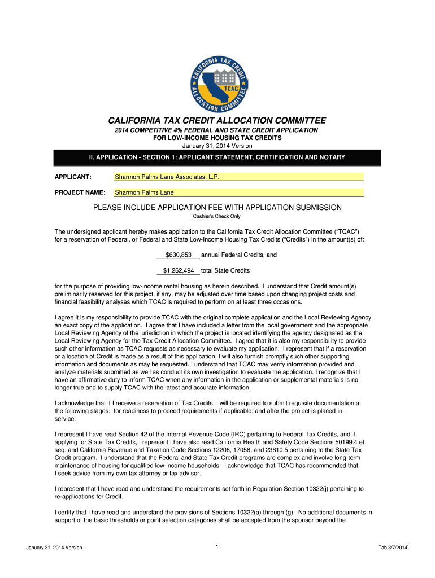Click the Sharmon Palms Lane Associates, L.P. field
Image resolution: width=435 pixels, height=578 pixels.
pyautogui.click(x=238, y=177)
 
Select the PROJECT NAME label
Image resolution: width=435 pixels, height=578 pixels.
pyautogui.click(x=80, y=192)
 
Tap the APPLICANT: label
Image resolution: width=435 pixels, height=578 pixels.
pyautogui.click(x=73, y=177)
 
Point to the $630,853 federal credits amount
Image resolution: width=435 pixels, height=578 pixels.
pyautogui.click(x=179, y=255)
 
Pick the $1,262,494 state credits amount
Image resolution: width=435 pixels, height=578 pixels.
pyautogui.click(x=179, y=270)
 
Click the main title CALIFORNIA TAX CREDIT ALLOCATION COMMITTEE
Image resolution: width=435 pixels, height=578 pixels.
pyautogui.click(x=217, y=121)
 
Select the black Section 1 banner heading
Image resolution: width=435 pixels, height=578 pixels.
pyautogui.click(x=217, y=157)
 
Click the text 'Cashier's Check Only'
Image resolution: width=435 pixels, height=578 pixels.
pyautogui.click(x=217, y=216)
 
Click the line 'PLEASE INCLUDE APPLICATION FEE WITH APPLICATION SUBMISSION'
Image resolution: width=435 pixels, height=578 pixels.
pyautogui.click(x=217, y=207)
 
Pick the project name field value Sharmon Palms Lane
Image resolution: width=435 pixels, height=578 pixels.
pyautogui.click(x=145, y=192)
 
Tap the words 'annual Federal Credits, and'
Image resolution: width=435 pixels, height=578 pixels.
pyautogui.click(x=239, y=255)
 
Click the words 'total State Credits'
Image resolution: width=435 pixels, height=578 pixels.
pyautogui.click(x=225, y=270)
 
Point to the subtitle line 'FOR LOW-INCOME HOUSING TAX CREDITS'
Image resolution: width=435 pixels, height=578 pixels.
pyautogui.click(x=217, y=138)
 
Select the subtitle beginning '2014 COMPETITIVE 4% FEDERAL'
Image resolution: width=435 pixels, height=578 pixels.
pyautogui.click(x=217, y=130)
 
